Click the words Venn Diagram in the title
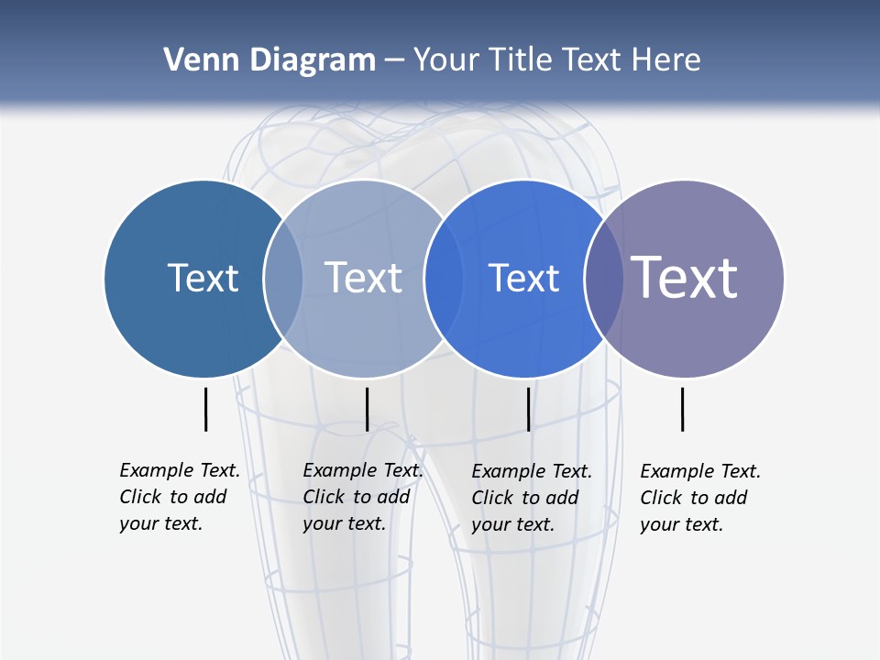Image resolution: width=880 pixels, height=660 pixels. coord(269,60)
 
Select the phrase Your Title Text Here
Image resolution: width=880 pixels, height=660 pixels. coord(556,60)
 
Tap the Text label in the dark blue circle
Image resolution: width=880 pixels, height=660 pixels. coord(203,278)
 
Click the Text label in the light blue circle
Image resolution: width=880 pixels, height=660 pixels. coord(363,278)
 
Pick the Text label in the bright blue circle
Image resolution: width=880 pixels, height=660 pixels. coord(523,278)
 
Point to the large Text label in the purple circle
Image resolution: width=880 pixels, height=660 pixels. coord(684,277)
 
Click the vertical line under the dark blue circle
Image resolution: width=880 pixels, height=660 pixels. coord(205,409)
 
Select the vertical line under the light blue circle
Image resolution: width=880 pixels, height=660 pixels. coord(367,409)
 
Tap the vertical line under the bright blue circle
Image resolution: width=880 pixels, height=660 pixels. coord(529,409)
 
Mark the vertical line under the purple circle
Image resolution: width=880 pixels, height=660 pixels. coord(683,409)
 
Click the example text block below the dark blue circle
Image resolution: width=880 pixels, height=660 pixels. coord(179,497)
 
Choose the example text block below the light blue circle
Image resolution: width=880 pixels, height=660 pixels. coord(362,497)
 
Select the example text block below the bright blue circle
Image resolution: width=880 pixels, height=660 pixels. coord(531,498)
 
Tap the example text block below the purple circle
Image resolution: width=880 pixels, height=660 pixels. coord(699,498)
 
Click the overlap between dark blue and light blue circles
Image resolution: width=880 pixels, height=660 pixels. coord(283,278)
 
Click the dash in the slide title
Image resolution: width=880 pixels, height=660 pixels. coord(394,60)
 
